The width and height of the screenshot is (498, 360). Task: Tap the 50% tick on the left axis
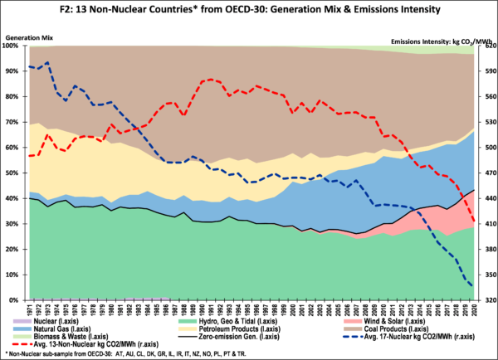(x=14, y=173)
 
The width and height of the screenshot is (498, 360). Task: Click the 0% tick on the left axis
(x=17, y=299)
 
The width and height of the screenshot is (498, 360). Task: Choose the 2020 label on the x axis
(x=472, y=309)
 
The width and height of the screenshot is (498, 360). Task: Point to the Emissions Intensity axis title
(x=431, y=39)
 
